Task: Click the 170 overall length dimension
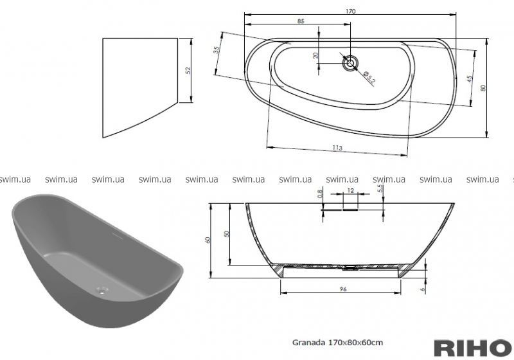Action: click(350, 12)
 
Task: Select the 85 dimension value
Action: click(301, 21)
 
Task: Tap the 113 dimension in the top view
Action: click(337, 148)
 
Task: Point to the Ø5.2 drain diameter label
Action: click(369, 76)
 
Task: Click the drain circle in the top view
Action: click(350, 62)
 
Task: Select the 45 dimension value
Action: click(470, 78)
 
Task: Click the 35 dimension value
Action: click(217, 50)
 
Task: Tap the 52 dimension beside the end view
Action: click(188, 70)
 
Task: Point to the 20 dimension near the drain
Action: click(315, 55)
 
